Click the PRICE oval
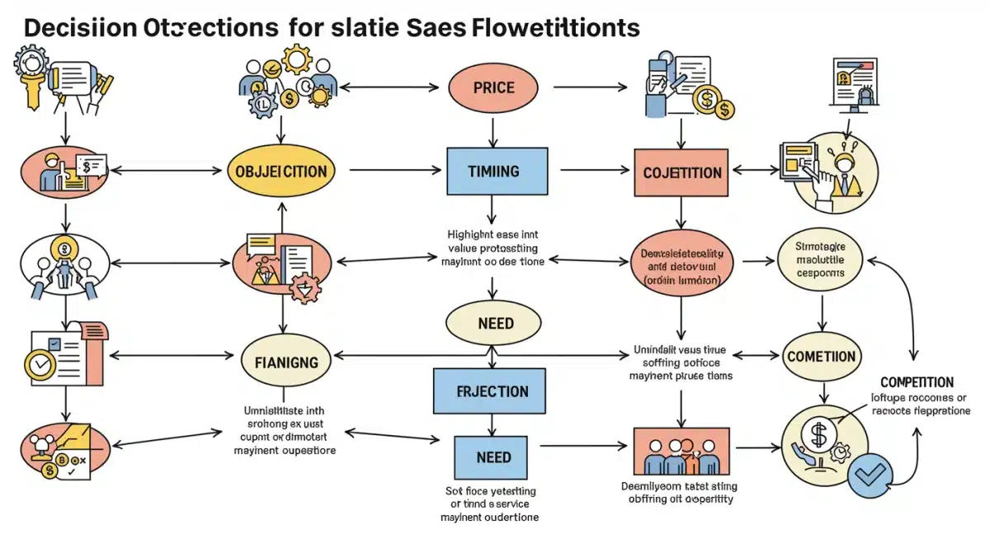(x=493, y=87)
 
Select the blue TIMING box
(x=497, y=171)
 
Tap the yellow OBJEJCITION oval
(x=282, y=172)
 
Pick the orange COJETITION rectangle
(x=681, y=173)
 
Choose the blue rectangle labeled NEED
(x=493, y=457)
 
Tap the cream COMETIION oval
(x=821, y=357)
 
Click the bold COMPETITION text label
(x=917, y=382)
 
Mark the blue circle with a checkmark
(x=871, y=474)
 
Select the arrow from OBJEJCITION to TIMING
(x=394, y=171)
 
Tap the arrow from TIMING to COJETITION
(x=589, y=171)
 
